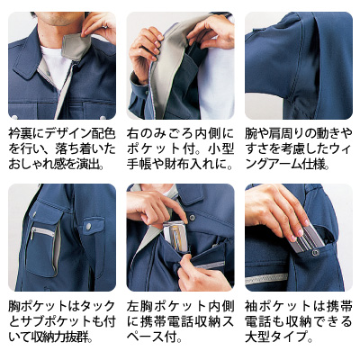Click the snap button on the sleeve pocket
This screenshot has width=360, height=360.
pyautogui.click(x=317, y=253)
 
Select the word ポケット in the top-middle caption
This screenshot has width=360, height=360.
pyautogui.click(x=155, y=149)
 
